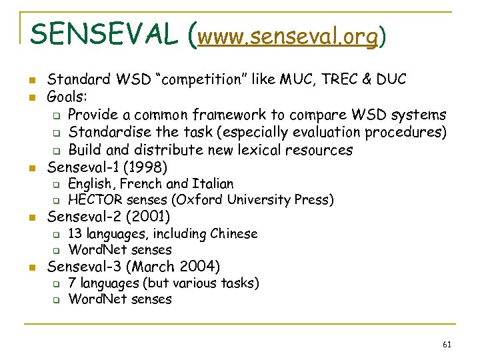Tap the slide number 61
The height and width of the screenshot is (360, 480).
click(x=447, y=345)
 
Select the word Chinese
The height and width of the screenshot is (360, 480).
click(x=233, y=234)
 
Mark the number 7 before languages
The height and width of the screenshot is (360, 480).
click(x=72, y=283)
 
